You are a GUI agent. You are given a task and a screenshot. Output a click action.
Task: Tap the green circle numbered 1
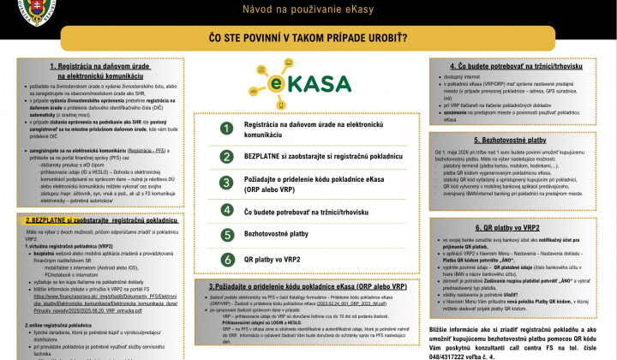227,129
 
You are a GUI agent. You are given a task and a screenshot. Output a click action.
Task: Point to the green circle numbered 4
227,211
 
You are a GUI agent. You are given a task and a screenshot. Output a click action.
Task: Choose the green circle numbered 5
227,233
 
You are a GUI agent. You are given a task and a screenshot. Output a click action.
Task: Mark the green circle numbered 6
227,259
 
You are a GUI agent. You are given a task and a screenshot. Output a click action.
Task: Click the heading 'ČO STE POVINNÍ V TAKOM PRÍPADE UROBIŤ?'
308,39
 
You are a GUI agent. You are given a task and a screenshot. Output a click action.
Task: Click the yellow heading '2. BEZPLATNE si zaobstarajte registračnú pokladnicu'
101,220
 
